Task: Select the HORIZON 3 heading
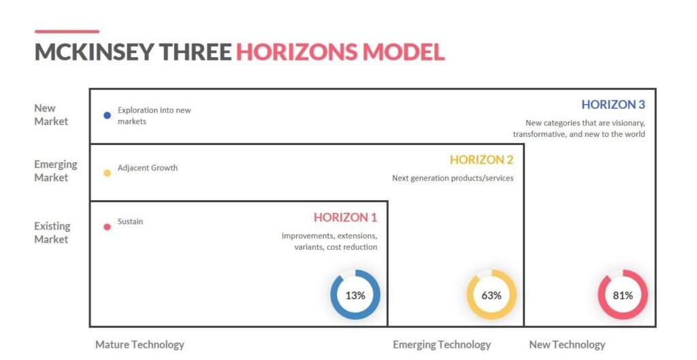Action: click(x=613, y=105)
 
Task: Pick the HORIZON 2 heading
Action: click(x=481, y=160)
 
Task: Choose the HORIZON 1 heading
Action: click(x=345, y=218)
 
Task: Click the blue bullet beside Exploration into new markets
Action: click(x=107, y=116)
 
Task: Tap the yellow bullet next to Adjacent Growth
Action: click(x=107, y=173)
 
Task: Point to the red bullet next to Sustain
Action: click(x=107, y=227)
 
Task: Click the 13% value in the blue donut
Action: click(x=355, y=295)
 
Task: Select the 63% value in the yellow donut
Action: click(x=491, y=295)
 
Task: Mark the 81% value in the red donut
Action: click(x=623, y=295)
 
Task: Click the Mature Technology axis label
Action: click(x=140, y=344)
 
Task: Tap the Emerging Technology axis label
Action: click(x=441, y=344)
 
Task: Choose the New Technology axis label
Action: click(x=567, y=344)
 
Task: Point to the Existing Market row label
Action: click(x=52, y=232)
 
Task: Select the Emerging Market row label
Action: click(x=56, y=171)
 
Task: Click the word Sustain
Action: click(x=130, y=222)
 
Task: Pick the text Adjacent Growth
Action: click(x=147, y=168)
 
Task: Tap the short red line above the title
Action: click(x=67, y=31)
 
